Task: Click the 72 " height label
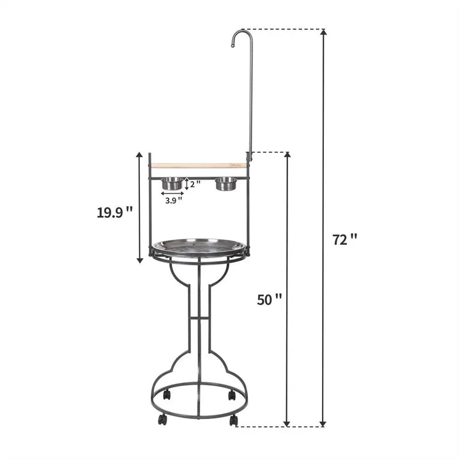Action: [344, 240]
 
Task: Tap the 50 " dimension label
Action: [269, 299]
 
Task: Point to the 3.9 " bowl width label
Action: [174, 200]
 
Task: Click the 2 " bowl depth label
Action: [195, 184]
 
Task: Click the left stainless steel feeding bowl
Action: [172, 184]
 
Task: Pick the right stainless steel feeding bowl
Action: [226, 184]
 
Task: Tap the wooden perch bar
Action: [198, 165]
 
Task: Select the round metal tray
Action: [199, 247]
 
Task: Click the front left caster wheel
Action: [163, 420]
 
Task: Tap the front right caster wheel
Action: [234, 420]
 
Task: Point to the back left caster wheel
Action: [167, 395]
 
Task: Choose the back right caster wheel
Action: [231, 395]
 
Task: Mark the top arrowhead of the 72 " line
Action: [323, 33]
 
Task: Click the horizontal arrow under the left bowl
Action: [172, 193]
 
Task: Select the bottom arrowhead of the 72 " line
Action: [323, 422]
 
